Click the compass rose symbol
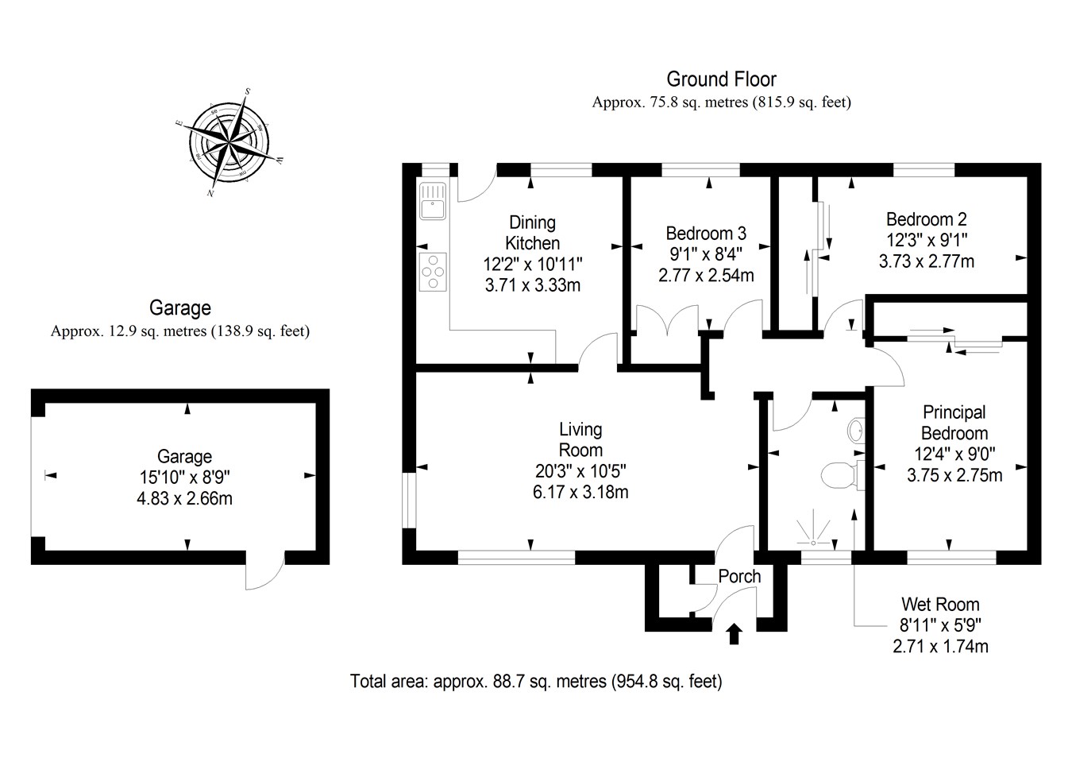tap(229, 143)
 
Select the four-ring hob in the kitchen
tap(433, 271)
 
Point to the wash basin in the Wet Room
tap(856, 431)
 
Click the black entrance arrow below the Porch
tap(734, 633)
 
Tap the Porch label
tap(739, 576)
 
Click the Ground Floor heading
tap(721, 79)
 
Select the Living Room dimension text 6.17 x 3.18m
tap(580, 492)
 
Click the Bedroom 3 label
tap(706, 233)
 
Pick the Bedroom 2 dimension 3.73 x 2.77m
tap(926, 261)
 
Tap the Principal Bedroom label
tap(954, 423)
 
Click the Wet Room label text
tap(940, 604)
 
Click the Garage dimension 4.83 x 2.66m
tap(184, 498)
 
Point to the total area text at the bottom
tap(536, 681)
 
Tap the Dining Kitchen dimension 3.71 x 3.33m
tap(532, 284)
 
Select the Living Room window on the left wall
tap(408, 501)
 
